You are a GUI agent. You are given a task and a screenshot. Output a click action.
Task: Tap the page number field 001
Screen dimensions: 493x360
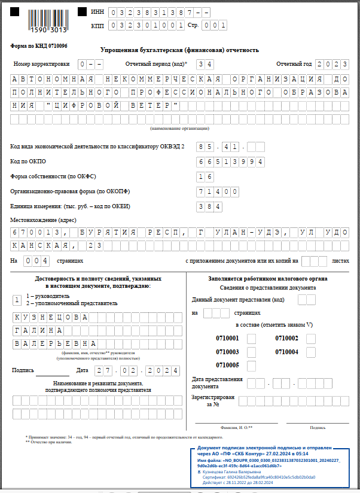coord(215,26)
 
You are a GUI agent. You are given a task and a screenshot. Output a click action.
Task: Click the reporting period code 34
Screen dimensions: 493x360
coord(205,64)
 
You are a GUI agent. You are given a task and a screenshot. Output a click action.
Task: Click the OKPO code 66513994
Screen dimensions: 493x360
coord(230,162)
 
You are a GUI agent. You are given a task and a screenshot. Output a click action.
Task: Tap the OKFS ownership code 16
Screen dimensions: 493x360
coord(205,176)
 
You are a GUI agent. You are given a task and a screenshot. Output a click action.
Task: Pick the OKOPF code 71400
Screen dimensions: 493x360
coord(218,191)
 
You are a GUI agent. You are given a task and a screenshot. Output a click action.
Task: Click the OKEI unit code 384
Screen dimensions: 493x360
coord(209,206)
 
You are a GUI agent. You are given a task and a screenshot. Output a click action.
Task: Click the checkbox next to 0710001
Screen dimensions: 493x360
coord(251,339)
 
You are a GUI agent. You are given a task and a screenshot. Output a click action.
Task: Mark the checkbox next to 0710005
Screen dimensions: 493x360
coord(251,365)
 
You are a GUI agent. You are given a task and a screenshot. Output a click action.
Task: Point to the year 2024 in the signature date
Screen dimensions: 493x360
coord(163,371)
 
